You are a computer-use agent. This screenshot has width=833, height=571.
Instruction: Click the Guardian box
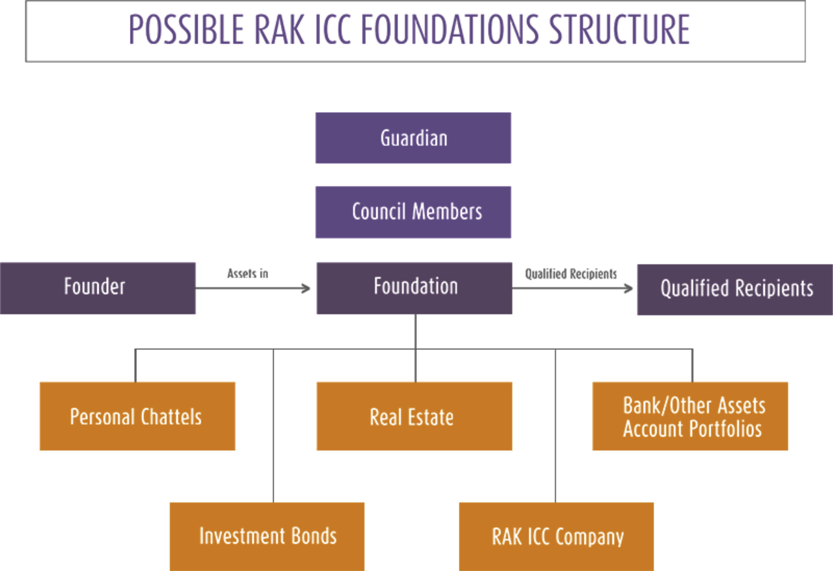tap(413, 138)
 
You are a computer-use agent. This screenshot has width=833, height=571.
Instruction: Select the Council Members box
tap(413, 212)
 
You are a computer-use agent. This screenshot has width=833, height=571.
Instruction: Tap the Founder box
tap(98, 288)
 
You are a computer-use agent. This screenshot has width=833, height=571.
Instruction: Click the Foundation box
tap(415, 288)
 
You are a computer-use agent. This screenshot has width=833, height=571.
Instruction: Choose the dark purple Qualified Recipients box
tap(735, 289)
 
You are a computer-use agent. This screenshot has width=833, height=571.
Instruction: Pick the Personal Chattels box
tap(138, 416)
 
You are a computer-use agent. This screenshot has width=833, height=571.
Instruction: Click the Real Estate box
tap(415, 416)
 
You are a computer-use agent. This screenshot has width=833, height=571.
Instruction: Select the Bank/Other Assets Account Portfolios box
tap(690, 416)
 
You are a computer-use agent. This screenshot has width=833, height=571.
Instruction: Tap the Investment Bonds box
tap(267, 537)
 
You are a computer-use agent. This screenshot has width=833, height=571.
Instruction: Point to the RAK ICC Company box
tap(556, 537)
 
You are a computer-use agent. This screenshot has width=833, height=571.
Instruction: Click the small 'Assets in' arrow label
tap(248, 274)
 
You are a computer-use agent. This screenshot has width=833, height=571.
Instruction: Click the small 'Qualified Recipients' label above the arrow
tap(571, 274)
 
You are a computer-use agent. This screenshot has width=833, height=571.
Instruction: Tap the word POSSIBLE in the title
tap(186, 29)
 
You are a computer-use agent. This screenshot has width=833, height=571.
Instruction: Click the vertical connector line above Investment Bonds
tap(274, 426)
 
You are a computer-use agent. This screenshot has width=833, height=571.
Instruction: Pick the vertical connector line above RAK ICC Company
tap(555, 426)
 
